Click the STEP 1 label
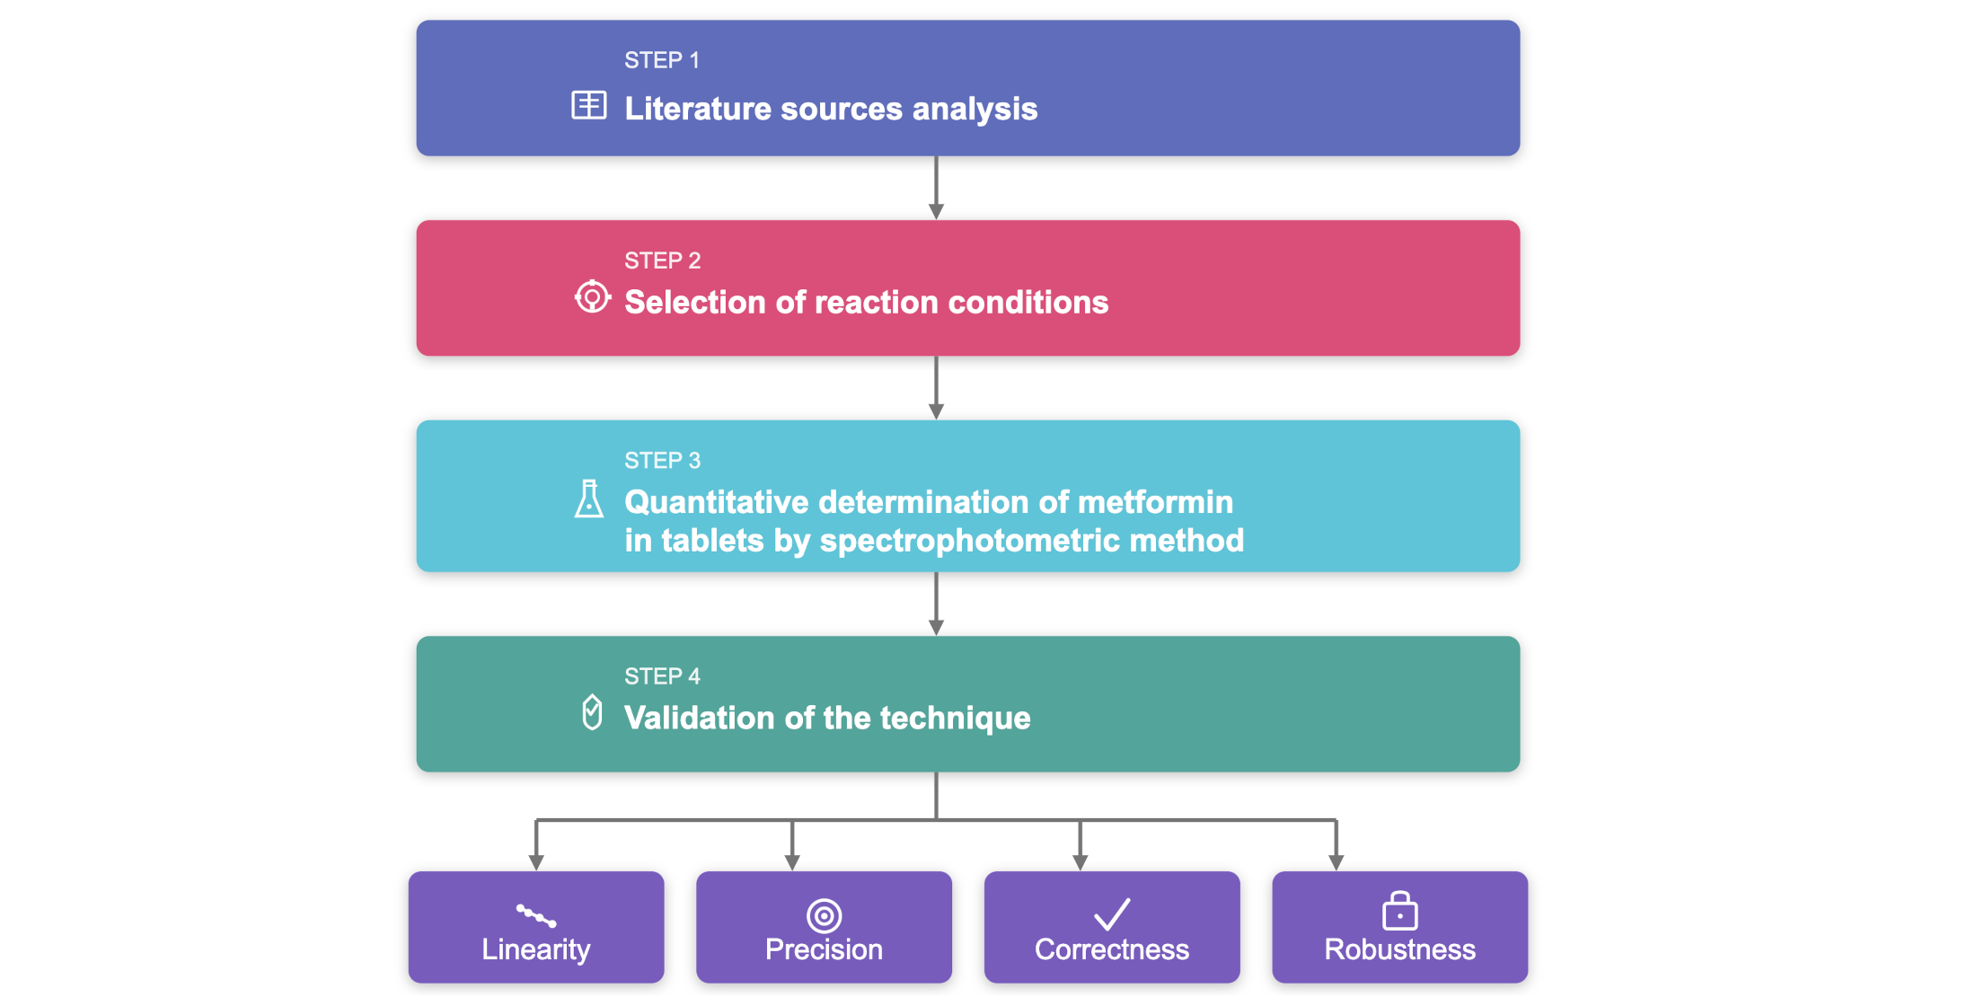661,60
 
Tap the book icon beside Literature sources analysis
589,105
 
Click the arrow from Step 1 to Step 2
936,188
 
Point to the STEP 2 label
662,260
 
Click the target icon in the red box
592,296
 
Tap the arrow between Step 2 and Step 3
936,388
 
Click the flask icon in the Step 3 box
589,499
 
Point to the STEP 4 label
662,676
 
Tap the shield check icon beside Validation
592,712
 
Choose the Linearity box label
535,949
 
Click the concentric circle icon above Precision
824,915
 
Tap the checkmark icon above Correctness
1112,914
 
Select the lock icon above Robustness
1399,911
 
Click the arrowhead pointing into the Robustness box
1336,862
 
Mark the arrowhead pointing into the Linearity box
536,862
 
